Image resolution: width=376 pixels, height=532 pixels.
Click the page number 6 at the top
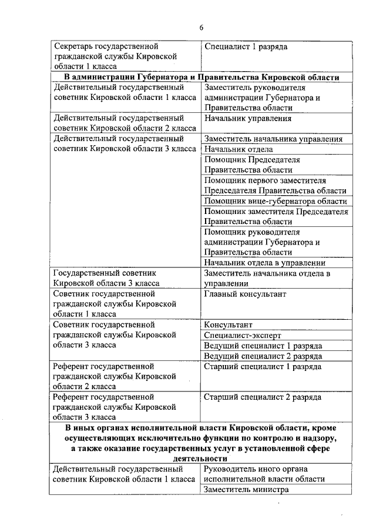coord(201,28)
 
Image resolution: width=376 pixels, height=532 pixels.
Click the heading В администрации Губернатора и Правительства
coord(201,78)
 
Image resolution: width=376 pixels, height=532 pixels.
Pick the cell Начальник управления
coord(248,118)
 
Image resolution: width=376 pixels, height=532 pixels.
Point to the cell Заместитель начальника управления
coord(273,139)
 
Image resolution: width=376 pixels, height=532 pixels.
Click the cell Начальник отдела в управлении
coord(264,263)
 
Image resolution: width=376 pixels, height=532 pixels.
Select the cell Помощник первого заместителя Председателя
coord(275,185)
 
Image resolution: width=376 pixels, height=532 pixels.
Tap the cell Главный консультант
coord(245,293)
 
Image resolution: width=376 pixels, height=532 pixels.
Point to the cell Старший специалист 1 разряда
coord(262,366)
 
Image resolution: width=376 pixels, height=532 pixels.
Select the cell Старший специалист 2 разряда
coord(262,397)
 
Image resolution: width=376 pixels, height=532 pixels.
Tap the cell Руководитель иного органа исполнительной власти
coord(264,474)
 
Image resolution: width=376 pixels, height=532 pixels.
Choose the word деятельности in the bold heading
coord(201,459)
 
